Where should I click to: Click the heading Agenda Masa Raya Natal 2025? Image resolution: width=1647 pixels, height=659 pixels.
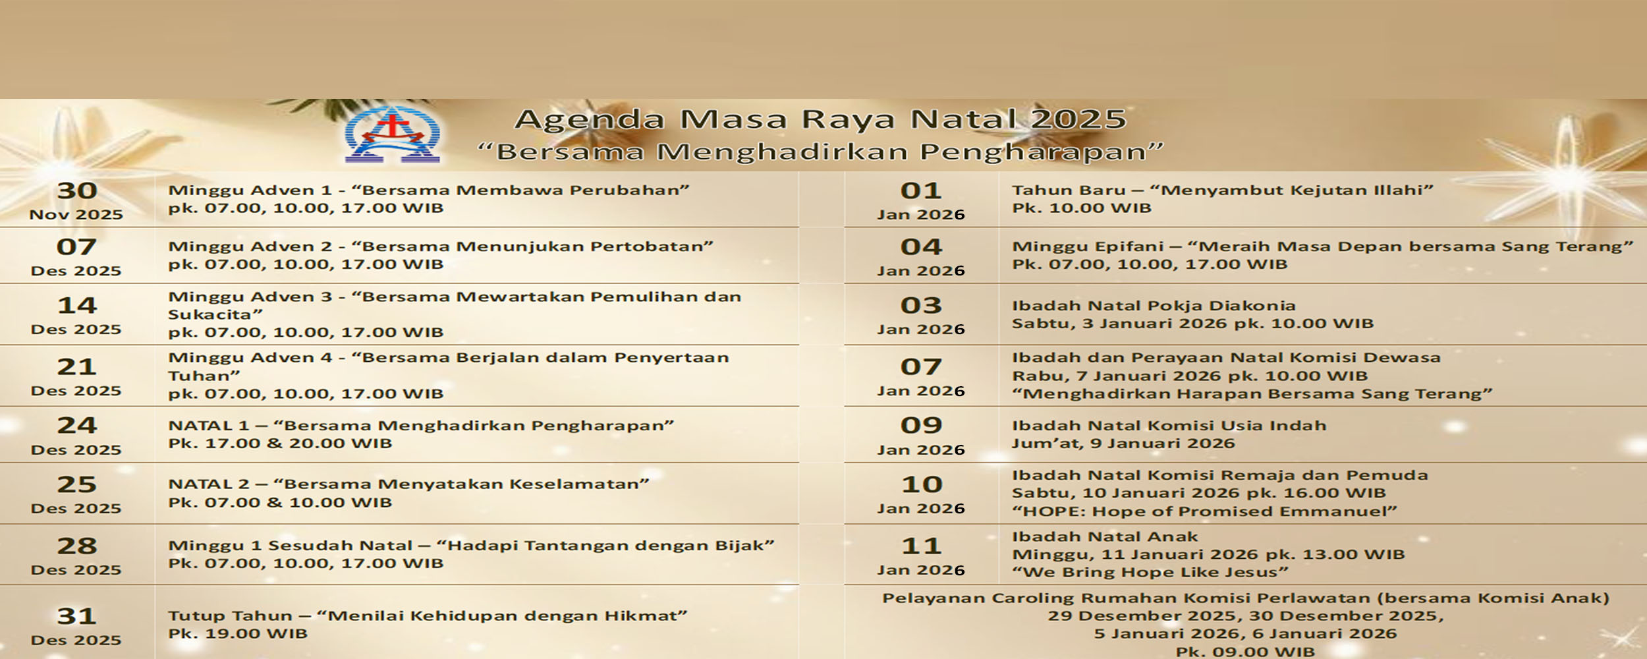tap(820, 119)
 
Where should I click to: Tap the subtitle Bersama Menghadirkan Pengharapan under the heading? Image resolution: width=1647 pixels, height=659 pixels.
tap(820, 152)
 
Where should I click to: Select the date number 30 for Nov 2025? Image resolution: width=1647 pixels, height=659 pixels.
tap(77, 190)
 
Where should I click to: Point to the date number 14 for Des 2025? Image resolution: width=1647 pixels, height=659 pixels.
tap(77, 305)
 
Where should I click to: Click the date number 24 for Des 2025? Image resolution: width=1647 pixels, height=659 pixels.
tap(77, 425)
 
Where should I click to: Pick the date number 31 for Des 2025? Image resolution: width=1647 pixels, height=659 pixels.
tap(77, 616)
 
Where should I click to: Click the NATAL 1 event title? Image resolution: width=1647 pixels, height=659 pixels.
tap(421, 426)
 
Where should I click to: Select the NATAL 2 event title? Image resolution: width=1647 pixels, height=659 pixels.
tap(408, 484)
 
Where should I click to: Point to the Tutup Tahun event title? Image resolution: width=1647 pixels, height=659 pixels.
tap(428, 616)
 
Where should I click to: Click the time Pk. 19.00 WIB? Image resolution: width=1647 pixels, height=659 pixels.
tap(238, 634)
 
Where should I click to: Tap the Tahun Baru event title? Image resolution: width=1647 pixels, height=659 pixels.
tap(1223, 190)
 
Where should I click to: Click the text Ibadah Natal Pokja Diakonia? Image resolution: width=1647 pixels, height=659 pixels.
tap(1154, 306)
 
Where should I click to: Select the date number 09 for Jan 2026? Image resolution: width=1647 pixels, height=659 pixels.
tap(921, 425)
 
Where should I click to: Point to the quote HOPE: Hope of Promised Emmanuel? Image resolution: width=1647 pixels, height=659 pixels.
tap(1204, 511)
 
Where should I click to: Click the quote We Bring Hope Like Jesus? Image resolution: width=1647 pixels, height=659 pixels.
tap(1150, 572)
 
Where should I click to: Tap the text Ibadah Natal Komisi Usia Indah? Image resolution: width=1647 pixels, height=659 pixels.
tap(1169, 426)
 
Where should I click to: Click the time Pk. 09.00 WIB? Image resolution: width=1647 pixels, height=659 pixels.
tap(1245, 652)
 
